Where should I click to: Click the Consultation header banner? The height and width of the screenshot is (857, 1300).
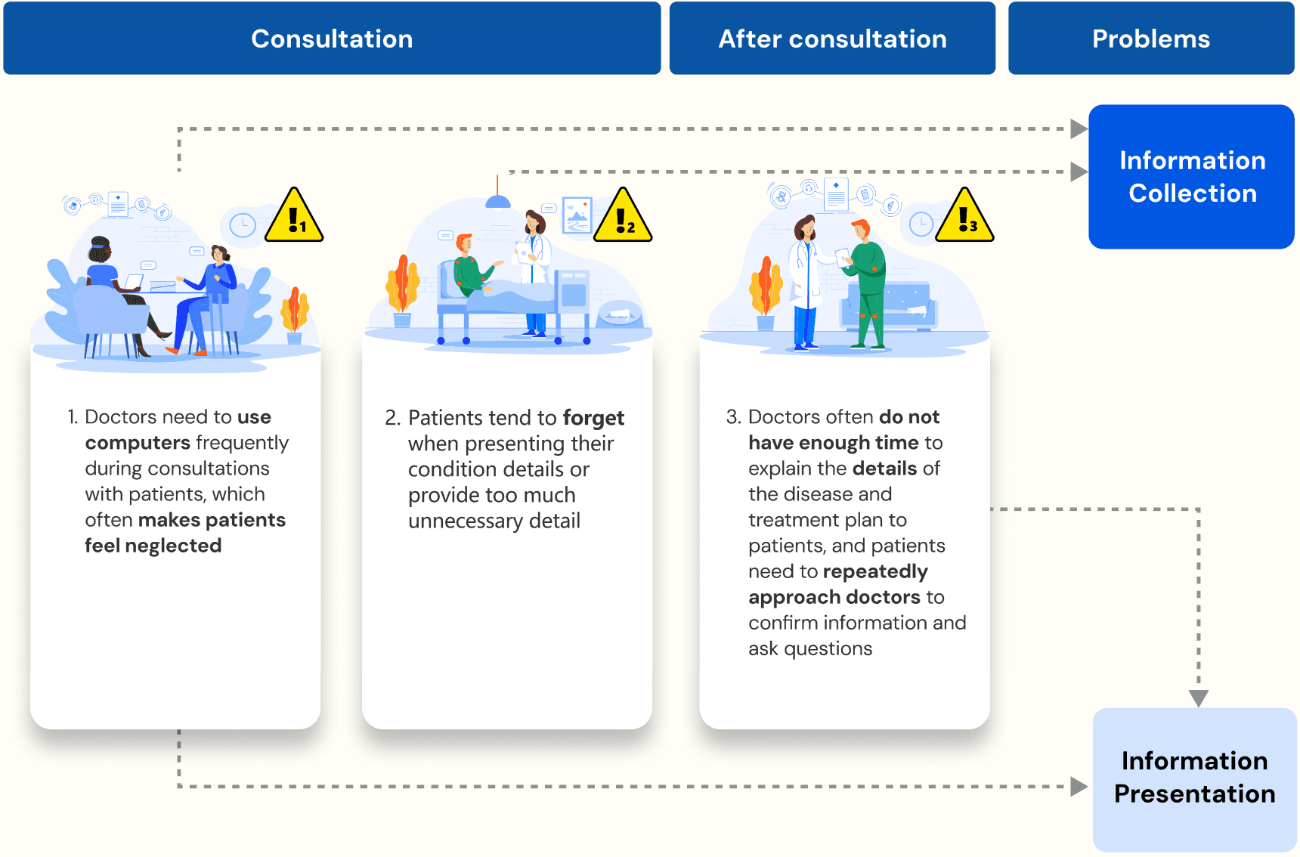click(x=332, y=39)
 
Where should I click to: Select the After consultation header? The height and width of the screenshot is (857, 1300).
click(x=832, y=39)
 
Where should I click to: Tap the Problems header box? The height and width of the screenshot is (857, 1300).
click(x=1150, y=39)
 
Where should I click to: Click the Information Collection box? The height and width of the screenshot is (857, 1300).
click(x=1191, y=177)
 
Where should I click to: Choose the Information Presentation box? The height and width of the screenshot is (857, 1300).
click(x=1194, y=778)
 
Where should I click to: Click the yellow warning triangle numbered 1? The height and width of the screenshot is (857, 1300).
click(x=294, y=218)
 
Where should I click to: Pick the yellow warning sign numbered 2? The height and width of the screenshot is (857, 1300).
click(x=623, y=218)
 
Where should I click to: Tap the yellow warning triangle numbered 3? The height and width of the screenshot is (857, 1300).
click(x=964, y=218)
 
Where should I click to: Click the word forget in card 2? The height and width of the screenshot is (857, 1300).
click(x=593, y=418)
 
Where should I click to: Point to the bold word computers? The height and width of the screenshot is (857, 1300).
click(x=138, y=443)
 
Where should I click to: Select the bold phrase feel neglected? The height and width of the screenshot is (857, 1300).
click(x=153, y=546)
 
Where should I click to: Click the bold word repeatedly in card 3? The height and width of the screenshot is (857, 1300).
click(x=875, y=571)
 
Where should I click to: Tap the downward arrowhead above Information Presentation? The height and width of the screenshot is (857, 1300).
click(x=1199, y=698)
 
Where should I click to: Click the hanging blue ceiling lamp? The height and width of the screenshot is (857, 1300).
click(x=497, y=200)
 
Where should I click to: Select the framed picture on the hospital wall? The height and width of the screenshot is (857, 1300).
click(x=577, y=215)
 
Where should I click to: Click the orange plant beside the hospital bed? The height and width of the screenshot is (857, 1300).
click(x=402, y=286)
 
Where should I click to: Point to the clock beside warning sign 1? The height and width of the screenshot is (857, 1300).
click(x=243, y=225)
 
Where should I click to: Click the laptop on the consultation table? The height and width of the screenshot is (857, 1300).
click(x=134, y=283)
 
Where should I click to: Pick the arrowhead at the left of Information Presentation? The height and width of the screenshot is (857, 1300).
click(x=1079, y=787)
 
